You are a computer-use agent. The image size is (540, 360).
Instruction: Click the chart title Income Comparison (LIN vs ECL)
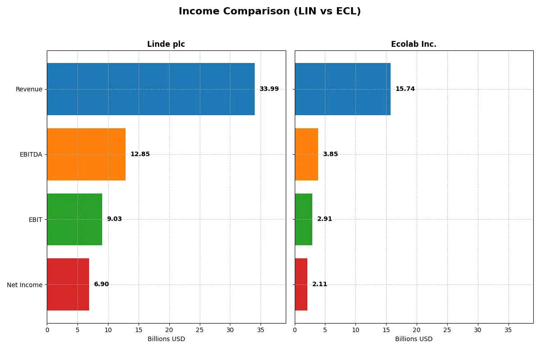pos(270,11)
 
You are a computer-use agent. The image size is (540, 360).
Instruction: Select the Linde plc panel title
pos(166,44)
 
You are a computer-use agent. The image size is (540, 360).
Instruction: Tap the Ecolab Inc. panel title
pos(414,44)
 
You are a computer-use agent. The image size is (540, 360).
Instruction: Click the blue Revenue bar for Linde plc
pos(151,89)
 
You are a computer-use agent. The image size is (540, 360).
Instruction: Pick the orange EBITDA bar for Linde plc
pos(86,154)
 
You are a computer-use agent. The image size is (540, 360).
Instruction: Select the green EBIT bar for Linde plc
pos(74,220)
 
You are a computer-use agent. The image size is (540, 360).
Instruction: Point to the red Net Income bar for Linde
pos(68,284)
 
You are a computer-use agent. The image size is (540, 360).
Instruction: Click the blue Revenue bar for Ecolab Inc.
pos(342,89)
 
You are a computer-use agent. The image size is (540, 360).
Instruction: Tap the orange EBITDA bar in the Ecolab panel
pos(306,154)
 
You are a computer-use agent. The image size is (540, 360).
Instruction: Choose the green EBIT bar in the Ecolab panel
pos(303,220)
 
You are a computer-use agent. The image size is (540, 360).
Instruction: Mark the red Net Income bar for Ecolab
pos(301,284)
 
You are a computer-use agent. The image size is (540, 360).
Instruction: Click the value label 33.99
pos(269,89)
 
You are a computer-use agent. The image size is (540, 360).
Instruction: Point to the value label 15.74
pos(405,89)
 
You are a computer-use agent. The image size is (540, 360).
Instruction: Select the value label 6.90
pos(101,284)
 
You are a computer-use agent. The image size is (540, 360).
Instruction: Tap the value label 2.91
pos(324,219)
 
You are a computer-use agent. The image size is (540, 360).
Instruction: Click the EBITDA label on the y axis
pos(31,154)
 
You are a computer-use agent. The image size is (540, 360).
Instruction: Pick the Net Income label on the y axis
pos(25,285)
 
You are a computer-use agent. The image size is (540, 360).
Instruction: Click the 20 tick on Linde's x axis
pos(169,330)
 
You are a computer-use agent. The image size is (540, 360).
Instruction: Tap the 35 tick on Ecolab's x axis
pos(508,330)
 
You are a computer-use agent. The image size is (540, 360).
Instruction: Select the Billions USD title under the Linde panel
pos(166,339)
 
